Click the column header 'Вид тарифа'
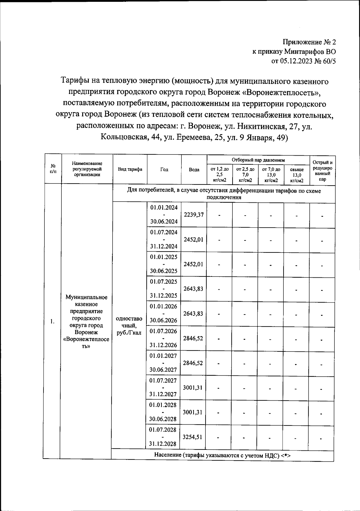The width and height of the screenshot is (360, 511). tap(130, 169)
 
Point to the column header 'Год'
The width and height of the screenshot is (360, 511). tap(164, 169)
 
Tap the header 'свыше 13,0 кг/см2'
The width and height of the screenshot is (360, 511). tap(297, 175)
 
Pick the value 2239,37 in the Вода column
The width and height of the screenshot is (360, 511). tap(194, 215)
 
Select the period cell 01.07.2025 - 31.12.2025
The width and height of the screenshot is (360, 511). tap(164, 288)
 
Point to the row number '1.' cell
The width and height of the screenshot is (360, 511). tap(52, 322)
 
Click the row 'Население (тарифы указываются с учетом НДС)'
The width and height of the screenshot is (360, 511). tap(222, 455)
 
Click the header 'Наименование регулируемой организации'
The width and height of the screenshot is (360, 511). tap(87, 169)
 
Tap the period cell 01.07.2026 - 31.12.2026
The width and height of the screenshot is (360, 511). tap(163, 338)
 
